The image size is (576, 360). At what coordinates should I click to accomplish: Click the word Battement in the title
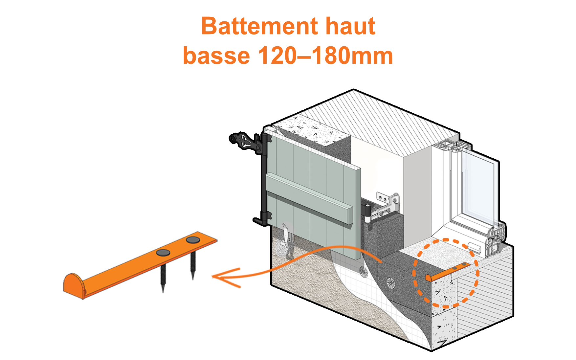tap(259, 26)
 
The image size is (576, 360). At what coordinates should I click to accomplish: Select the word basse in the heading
tap(216, 56)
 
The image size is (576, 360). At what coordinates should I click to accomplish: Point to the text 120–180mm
tap(325, 56)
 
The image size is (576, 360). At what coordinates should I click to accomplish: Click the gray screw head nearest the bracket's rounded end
tap(163, 253)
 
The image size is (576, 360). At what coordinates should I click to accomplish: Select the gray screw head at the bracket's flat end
tap(193, 240)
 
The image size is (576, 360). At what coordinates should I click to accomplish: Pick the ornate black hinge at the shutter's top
tap(246, 142)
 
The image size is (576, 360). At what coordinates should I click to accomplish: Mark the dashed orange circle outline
tap(413, 273)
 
